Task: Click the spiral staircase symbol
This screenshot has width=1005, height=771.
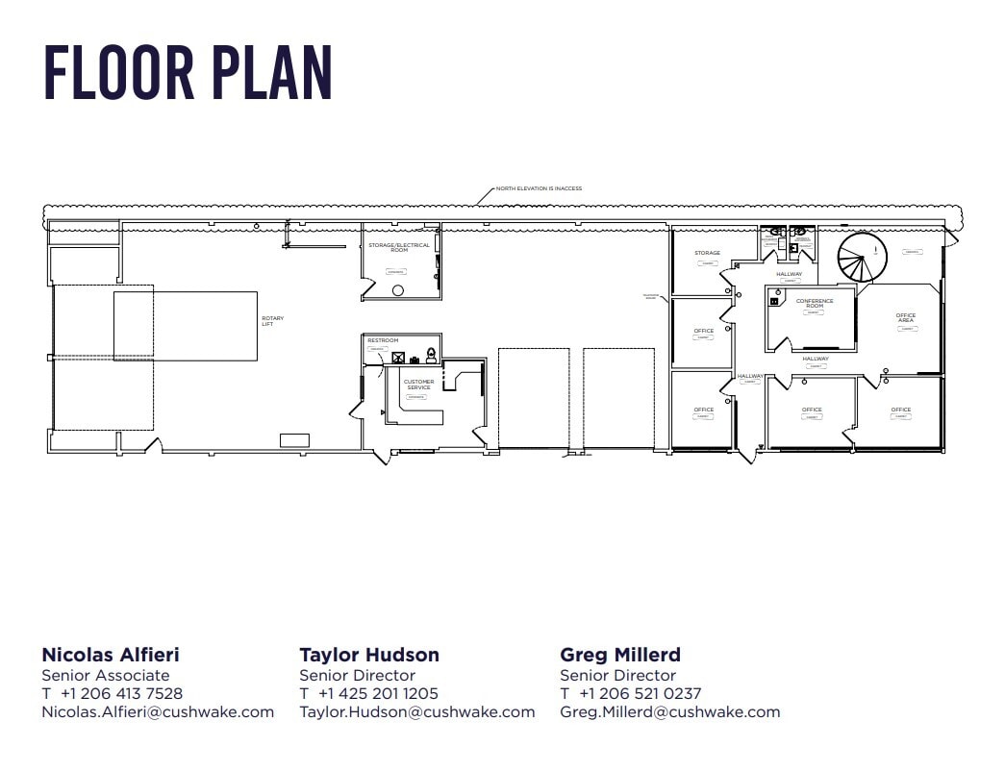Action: [x=861, y=258]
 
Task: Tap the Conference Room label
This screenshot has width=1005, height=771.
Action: [x=814, y=303]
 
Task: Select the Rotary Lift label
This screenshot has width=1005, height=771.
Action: [x=273, y=321]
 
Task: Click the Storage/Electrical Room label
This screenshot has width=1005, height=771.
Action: [x=399, y=247]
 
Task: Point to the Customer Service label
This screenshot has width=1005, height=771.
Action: [x=418, y=385]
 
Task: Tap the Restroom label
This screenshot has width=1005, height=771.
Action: [x=383, y=340]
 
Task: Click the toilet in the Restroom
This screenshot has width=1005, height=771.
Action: [x=431, y=356]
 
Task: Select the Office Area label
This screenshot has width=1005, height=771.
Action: [x=905, y=317]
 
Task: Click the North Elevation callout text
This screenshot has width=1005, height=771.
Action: [x=539, y=188]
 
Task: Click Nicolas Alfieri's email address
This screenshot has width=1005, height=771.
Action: [x=158, y=712]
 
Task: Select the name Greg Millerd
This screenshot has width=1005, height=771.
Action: [x=619, y=655]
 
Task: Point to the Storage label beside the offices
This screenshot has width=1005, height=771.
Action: [x=707, y=253]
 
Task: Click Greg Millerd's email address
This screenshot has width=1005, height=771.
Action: [x=669, y=712]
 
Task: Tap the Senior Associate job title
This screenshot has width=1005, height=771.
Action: [x=106, y=675]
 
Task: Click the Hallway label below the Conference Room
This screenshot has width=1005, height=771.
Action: [x=815, y=359]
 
